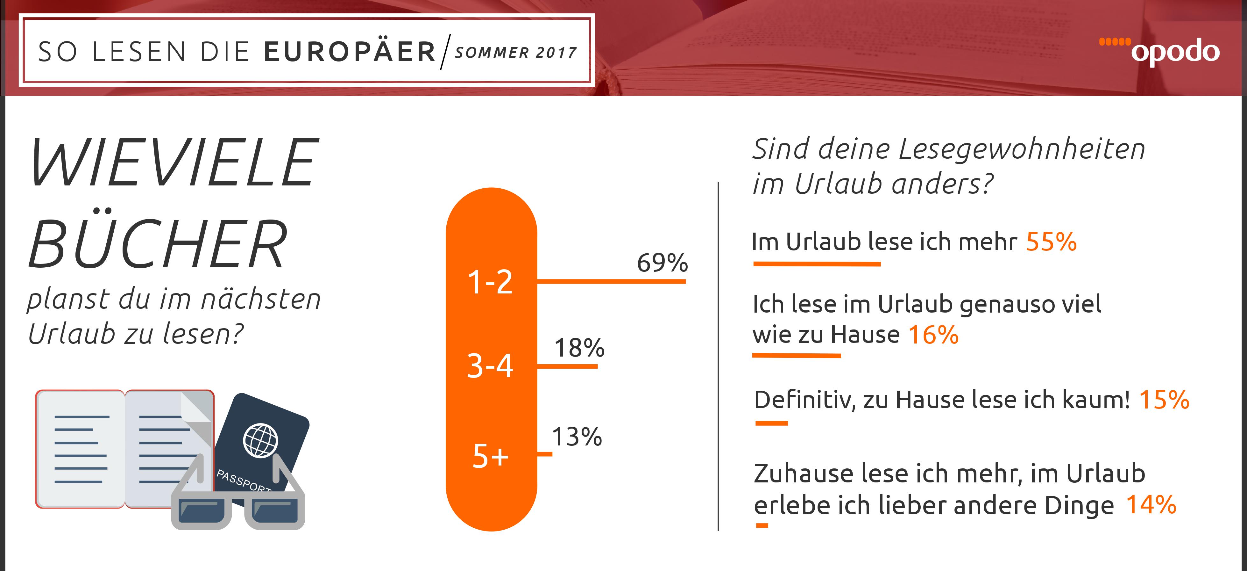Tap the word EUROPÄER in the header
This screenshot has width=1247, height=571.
pyautogui.click(x=350, y=52)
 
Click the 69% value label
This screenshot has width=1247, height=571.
pyautogui.click(x=662, y=263)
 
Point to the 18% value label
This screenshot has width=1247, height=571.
pyautogui.click(x=579, y=348)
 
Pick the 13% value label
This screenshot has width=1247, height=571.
pyautogui.click(x=577, y=437)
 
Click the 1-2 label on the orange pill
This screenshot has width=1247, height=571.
pyautogui.click(x=490, y=282)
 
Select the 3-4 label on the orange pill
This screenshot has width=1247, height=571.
pyautogui.click(x=490, y=366)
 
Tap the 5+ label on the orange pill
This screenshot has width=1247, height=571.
pyautogui.click(x=490, y=456)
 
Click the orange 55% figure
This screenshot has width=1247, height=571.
pyautogui.click(x=1051, y=241)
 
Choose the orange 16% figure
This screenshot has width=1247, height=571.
pyautogui.click(x=933, y=335)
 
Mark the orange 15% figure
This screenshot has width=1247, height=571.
pyautogui.click(x=1164, y=400)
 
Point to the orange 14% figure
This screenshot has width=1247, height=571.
pyautogui.click(x=1151, y=505)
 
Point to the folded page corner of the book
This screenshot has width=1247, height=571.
pyautogui.click(x=196, y=411)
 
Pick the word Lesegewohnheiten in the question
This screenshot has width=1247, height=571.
pyautogui.click(x=1021, y=149)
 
